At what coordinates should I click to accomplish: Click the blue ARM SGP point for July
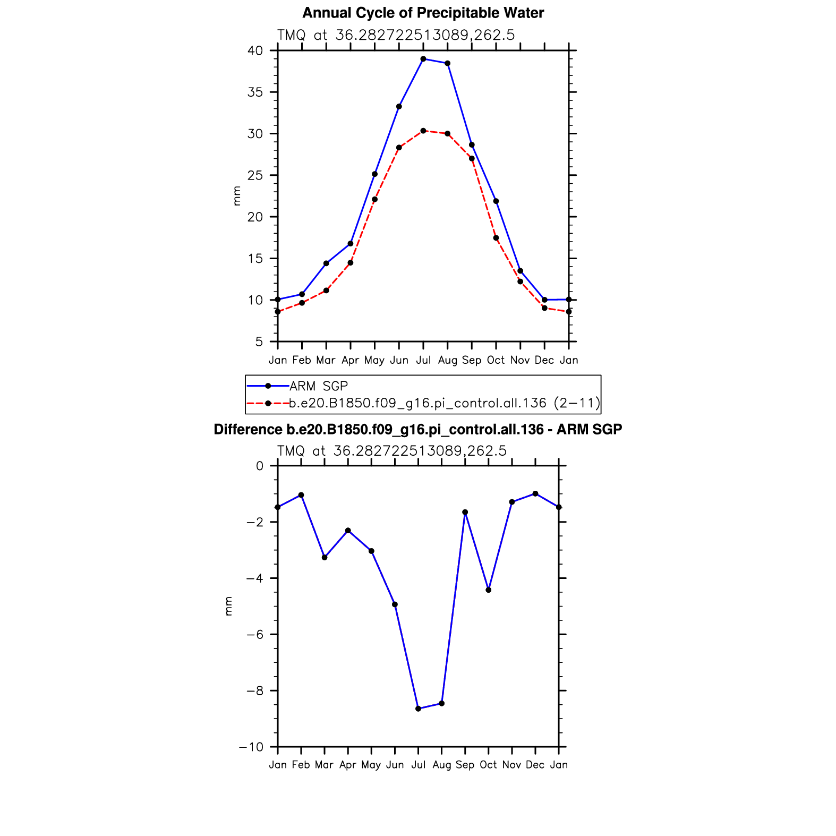[x=423, y=59]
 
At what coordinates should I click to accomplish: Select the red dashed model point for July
[x=423, y=131]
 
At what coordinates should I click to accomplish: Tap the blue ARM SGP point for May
[x=374, y=174]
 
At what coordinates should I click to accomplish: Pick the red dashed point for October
[x=496, y=238]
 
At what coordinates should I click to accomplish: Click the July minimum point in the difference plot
[x=419, y=709]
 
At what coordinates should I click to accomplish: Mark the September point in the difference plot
[x=465, y=512]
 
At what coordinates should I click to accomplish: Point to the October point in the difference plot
[x=489, y=590]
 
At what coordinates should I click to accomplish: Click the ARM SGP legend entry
[x=318, y=386]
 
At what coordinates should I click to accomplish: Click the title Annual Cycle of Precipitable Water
[x=423, y=13]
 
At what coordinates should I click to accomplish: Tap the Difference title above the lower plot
[x=417, y=429]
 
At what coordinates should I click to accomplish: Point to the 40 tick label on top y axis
[x=255, y=51]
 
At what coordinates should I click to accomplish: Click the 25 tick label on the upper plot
[x=255, y=175]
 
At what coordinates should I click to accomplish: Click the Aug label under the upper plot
[x=448, y=361]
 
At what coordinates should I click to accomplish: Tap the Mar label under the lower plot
[x=324, y=765]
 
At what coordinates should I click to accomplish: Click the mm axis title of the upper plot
[x=237, y=196]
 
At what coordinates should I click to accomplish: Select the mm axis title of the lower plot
[x=229, y=606]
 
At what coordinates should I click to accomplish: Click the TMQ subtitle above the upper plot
[x=396, y=35]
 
